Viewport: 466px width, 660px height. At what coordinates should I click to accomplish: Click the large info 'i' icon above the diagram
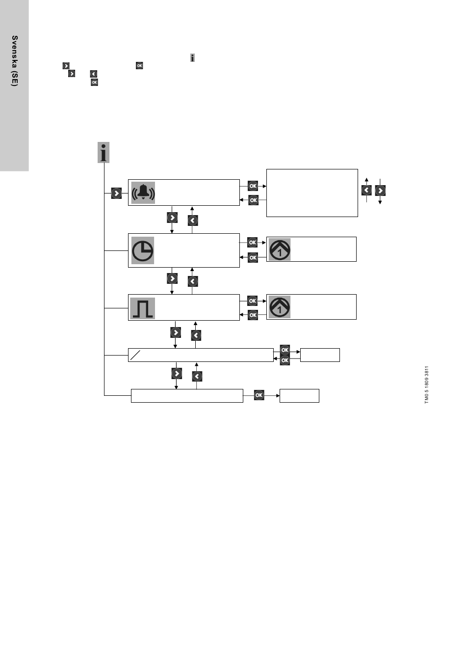(103, 153)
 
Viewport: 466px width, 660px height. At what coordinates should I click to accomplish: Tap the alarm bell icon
(143, 192)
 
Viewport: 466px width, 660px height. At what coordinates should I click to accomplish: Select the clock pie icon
(142, 250)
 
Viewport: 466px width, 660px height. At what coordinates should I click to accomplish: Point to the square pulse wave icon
(142, 308)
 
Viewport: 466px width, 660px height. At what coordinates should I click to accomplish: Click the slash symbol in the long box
(135, 355)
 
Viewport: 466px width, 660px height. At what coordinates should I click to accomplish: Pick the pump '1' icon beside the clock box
(280, 249)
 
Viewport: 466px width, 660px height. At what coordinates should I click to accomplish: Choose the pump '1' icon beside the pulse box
(280, 307)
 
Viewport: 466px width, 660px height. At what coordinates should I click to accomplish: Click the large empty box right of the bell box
(312, 193)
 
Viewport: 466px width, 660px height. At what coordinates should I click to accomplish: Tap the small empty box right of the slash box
(320, 355)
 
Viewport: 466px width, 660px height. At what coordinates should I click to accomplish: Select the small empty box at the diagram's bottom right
(299, 396)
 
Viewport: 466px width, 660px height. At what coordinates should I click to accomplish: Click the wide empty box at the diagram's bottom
(187, 396)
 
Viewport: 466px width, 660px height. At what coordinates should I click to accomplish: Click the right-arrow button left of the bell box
(116, 193)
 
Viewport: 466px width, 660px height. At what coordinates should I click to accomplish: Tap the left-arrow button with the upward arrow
(366, 191)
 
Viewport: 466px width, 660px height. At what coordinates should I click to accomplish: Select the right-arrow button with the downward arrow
(380, 191)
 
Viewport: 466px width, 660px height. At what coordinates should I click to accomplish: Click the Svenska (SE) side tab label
(15, 61)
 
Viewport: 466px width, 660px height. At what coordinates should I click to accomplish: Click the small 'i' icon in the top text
(192, 58)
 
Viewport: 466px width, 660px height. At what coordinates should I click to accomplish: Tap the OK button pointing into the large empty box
(253, 186)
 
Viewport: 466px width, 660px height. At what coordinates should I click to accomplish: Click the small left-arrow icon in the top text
(94, 74)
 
